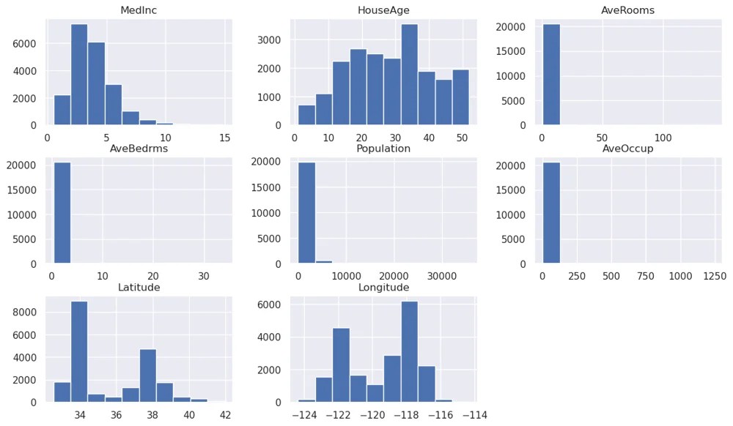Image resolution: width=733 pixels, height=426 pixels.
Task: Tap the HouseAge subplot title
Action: click(x=383, y=10)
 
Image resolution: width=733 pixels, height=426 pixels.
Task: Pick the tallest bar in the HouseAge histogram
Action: click(x=409, y=75)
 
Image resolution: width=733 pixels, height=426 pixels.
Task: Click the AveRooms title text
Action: click(x=627, y=10)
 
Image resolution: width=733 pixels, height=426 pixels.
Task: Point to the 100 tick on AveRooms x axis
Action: click(x=663, y=137)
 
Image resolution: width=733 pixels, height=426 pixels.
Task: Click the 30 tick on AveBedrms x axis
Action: click(x=204, y=276)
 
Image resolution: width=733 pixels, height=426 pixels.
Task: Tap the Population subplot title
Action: click(x=383, y=149)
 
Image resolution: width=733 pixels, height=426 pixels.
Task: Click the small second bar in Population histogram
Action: click(x=323, y=261)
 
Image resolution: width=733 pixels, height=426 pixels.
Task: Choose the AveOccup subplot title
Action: click(x=627, y=149)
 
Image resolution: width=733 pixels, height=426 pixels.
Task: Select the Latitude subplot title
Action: click(x=139, y=287)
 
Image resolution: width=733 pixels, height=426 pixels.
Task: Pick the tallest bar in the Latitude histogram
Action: click(x=79, y=351)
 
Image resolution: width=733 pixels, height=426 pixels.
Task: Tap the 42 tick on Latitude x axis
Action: click(x=225, y=414)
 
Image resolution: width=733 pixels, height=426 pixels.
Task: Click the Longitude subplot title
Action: click(x=383, y=287)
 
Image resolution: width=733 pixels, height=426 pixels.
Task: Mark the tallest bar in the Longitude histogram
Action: click(x=409, y=351)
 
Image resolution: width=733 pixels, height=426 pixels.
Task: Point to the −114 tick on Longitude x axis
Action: click(x=473, y=414)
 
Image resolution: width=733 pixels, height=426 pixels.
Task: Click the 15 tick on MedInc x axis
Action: click(x=224, y=137)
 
